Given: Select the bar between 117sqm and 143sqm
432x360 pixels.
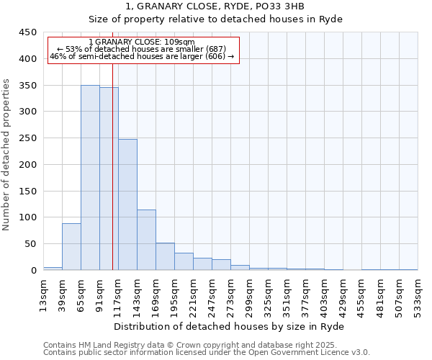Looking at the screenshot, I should click(x=127, y=204).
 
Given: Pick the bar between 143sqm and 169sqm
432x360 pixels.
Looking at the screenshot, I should click(x=146, y=240).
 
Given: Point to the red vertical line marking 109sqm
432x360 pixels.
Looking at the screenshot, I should click(x=112, y=166).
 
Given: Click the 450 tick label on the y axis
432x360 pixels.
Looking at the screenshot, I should click(x=28, y=32).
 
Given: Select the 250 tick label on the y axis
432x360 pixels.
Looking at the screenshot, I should click(x=28, y=138).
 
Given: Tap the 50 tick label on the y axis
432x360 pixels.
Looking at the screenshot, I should click(x=31, y=244).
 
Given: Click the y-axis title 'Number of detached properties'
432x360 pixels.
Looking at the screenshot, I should click(x=7, y=155).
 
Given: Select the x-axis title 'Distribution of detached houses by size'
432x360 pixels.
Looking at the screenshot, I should click(x=229, y=326).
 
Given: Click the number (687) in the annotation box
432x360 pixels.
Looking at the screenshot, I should click(x=217, y=49).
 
